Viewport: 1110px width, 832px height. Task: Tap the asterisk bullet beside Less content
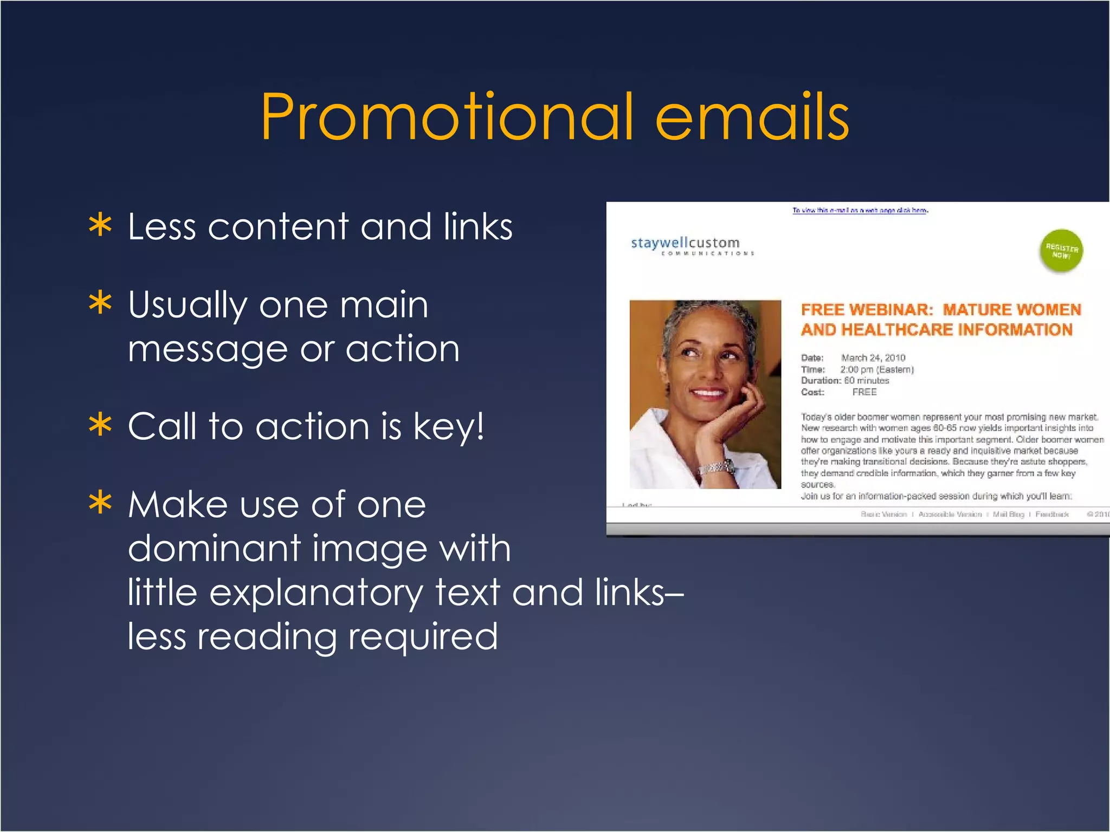click(x=100, y=226)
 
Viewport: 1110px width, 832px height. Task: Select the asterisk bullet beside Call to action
click(x=100, y=426)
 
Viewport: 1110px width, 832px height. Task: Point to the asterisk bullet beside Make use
click(x=100, y=503)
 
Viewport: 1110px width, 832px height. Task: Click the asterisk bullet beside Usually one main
click(x=100, y=303)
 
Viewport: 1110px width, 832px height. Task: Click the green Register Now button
click(x=1061, y=251)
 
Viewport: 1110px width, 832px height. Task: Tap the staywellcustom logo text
click(x=685, y=243)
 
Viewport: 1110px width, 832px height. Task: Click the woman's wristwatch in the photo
click(x=717, y=467)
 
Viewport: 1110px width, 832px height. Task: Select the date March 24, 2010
click(x=873, y=357)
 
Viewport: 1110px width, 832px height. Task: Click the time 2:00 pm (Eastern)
click(x=877, y=369)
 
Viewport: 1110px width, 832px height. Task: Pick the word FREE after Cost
click(x=864, y=392)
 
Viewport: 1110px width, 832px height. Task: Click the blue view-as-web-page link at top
click(x=860, y=210)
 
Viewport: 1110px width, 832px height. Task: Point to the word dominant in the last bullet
click(x=214, y=548)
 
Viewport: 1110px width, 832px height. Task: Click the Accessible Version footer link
click(x=950, y=514)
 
